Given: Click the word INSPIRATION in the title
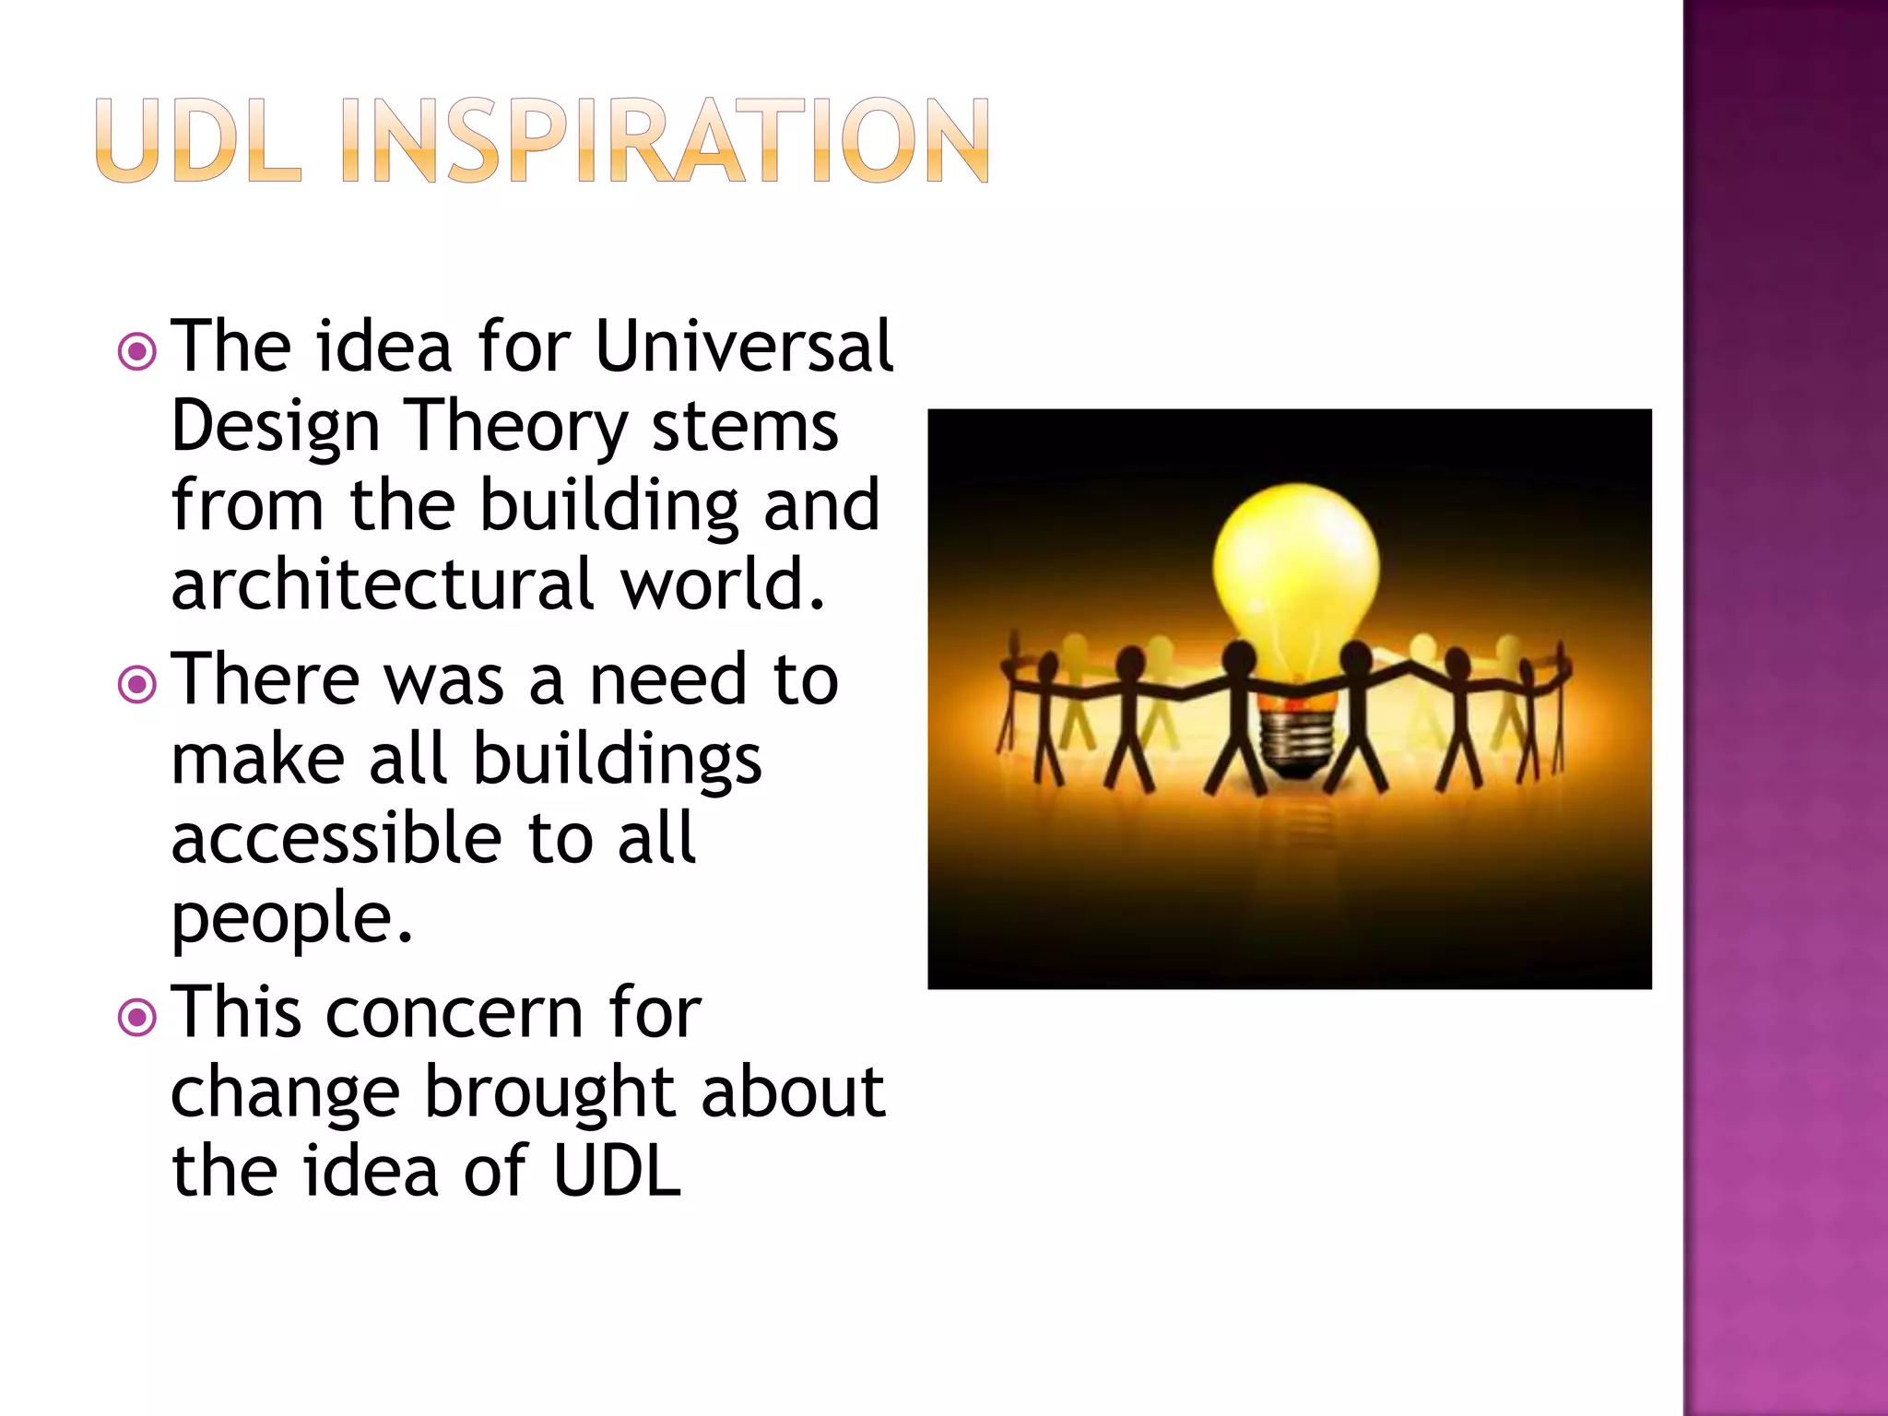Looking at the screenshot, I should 664,141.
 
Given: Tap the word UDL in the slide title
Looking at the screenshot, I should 197,141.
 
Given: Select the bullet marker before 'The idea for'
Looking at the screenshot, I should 137,351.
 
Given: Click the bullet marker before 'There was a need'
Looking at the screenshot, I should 137,684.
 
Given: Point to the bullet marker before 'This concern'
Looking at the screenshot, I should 137,1017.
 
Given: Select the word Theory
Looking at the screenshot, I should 516,430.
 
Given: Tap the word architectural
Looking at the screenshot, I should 383,584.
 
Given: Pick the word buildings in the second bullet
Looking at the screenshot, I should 617,761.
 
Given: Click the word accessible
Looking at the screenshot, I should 336,838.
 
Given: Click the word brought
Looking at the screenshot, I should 549,1093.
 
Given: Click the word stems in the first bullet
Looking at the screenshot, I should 745,428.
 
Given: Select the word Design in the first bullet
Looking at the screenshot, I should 275,430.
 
